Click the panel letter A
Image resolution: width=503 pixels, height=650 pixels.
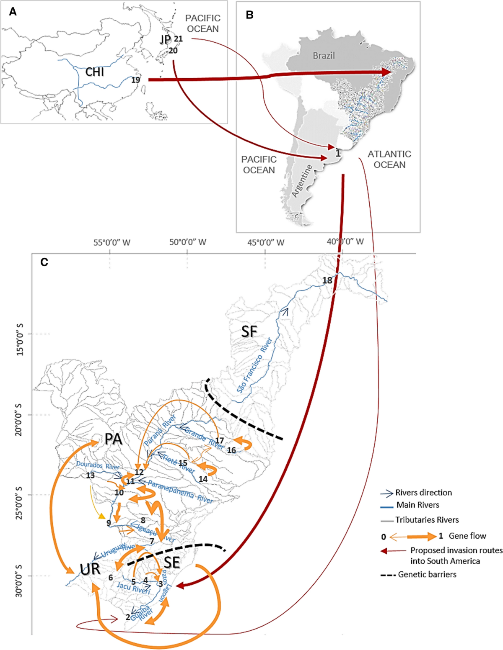point(13,12)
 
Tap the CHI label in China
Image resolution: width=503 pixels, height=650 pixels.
point(95,72)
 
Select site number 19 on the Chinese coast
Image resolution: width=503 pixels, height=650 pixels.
point(135,80)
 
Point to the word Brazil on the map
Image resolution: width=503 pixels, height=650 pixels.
point(324,56)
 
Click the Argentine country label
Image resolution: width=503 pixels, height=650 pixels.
point(302,181)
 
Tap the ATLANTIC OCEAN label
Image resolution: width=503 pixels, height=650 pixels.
point(389,159)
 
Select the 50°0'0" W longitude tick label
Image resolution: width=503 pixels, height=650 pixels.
point(188,242)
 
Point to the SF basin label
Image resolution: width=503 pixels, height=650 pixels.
point(249,331)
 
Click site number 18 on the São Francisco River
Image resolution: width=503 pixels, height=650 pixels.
point(327,280)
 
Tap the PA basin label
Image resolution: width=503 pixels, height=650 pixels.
point(113,439)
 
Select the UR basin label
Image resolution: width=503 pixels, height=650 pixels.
point(90,569)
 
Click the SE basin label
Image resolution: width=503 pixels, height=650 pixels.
point(171,562)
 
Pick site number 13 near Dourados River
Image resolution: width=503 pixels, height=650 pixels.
point(90,475)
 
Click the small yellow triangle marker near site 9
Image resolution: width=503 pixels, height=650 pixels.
point(101,516)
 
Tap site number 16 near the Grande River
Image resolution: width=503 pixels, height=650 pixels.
point(231,450)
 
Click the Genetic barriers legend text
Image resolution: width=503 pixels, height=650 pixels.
point(427,574)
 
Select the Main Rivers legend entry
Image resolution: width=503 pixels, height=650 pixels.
point(417,505)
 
